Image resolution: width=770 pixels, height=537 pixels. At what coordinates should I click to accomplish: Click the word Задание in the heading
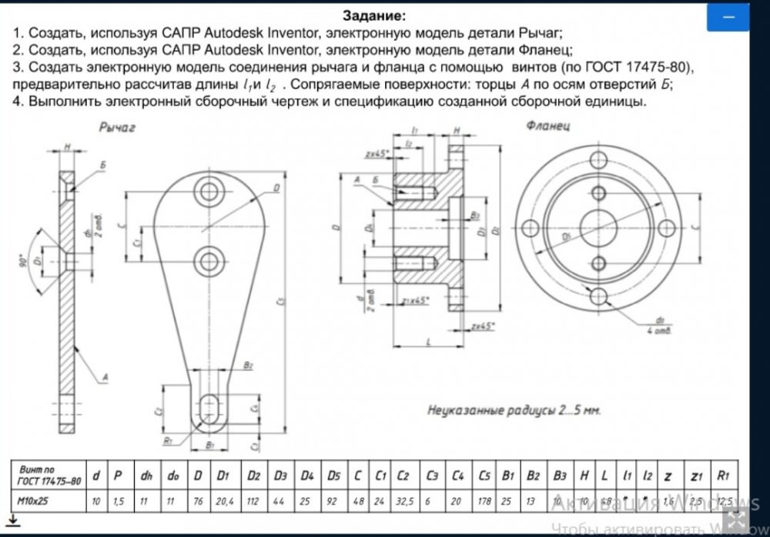(373, 15)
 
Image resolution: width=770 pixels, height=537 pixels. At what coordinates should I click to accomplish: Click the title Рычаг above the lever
(118, 128)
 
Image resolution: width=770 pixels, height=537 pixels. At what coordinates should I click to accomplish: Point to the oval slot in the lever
(209, 408)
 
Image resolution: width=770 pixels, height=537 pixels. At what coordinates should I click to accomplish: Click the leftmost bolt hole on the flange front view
(530, 228)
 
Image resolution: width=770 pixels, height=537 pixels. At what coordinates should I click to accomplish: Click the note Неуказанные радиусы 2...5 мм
(514, 410)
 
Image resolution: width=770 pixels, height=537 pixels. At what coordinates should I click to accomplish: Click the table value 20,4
(223, 501)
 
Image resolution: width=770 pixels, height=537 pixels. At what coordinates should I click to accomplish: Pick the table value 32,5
(403, 501)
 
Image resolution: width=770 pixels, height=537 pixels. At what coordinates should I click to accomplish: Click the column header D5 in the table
(333, 475)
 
